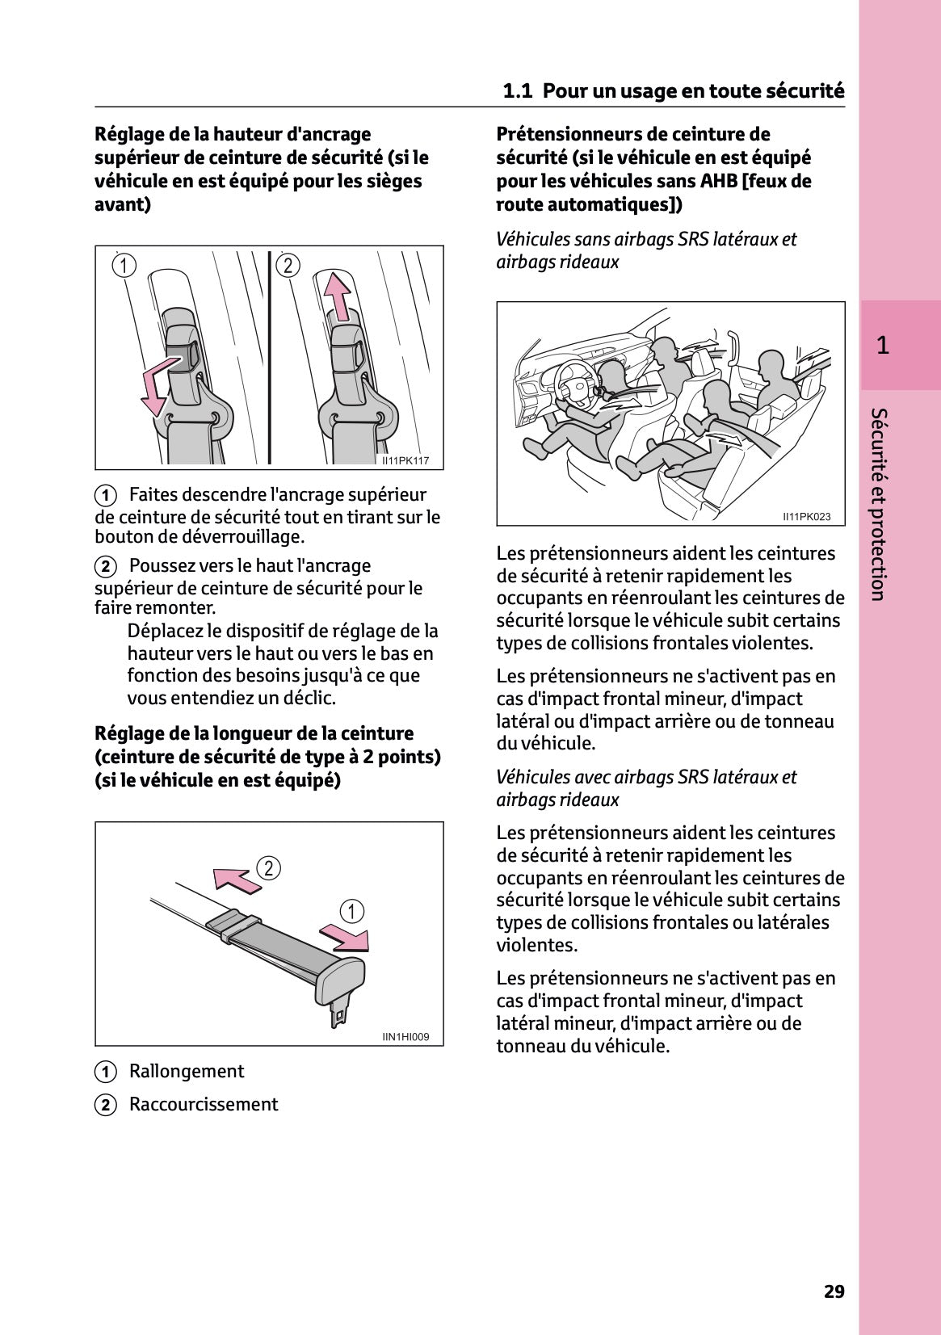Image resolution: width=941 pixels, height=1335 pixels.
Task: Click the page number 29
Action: coord(834,1291)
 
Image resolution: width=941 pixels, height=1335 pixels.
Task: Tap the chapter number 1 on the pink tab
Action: coord(883,346)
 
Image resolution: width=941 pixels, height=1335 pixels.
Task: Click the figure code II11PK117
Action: coord(405,460)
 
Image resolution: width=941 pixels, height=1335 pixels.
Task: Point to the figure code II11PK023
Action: coord(806,517)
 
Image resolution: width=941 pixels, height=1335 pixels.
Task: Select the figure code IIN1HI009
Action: coord(405,1037)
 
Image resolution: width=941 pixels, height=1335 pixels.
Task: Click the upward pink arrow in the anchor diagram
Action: coord(338,296)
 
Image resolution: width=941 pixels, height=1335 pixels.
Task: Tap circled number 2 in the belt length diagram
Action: coord(268,868)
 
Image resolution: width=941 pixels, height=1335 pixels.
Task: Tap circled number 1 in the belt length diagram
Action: coord(351,911)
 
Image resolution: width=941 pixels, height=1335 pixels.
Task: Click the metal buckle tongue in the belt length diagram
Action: coord(339,1013)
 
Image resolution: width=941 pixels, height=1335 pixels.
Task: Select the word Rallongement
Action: coord(187,1072)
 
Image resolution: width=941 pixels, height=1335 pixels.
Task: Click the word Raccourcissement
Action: coord(204,1105)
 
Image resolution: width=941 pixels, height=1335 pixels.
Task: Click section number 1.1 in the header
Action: coord(517,90)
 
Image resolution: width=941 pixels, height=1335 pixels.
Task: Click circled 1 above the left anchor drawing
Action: coord(124,265)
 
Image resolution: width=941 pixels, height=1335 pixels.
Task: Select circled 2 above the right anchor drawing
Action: coord(288,265)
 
